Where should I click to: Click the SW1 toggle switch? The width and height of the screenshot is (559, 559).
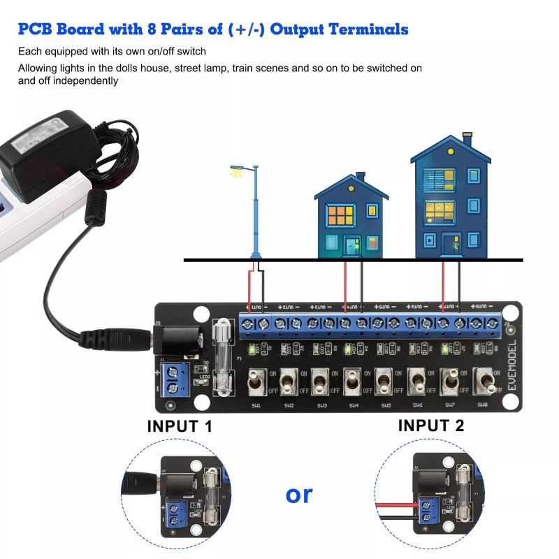(256, 382)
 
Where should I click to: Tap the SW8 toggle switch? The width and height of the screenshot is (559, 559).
(483, 382)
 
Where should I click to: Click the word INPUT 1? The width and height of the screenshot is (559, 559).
(180, 426)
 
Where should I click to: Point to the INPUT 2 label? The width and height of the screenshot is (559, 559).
(431, 425)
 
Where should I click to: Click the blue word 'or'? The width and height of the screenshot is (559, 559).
(299, 494)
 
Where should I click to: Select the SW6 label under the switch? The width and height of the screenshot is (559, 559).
(418, 405)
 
